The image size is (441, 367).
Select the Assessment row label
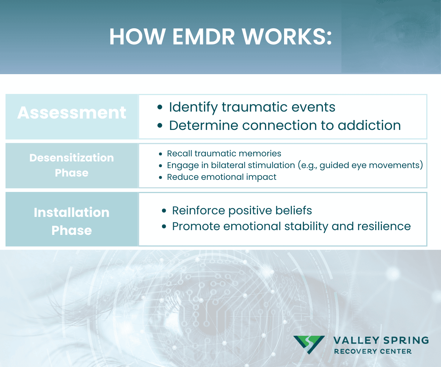point(72,113)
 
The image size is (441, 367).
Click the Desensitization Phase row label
point(72,165)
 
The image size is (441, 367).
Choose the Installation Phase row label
point(72,221)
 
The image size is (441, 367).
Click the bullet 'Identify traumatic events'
point(252,107)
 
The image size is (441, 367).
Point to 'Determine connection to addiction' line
point(284,125)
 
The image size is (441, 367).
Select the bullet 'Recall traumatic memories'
point(224,153)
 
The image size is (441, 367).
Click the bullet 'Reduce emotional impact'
point(222,177)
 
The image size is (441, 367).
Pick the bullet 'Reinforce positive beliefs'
point(242,210)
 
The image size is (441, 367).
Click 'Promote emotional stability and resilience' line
point(291,226)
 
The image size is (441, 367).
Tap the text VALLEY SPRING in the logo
point(381,340)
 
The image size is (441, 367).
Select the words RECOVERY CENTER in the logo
point(373,352)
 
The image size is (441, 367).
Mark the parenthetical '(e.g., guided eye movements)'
point(371,165)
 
